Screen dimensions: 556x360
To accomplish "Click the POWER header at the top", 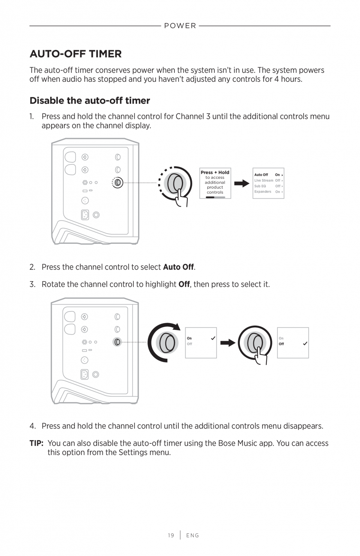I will pos(180,26).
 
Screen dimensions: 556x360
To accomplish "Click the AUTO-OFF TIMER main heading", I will pos(76,54).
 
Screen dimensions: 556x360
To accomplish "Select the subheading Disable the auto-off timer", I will pos(90,101).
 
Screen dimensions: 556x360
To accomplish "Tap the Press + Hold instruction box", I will pos(215,183).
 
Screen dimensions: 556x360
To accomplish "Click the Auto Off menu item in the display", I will pos(261,175).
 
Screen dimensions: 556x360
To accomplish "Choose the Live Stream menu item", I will pos(264,180).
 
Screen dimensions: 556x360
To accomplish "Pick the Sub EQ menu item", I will pos(260,186).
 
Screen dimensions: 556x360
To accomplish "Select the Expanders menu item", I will pos(263,192).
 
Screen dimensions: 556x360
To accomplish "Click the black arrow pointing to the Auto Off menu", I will pos(242,183).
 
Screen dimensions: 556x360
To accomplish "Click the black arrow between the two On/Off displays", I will pos(227,343).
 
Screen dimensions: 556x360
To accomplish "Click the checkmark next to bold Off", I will pos(305,344).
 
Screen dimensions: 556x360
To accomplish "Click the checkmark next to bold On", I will pos(213,338).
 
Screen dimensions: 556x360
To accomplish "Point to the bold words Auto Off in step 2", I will pos(178,267).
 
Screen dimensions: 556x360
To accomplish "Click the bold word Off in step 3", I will pos(184,284).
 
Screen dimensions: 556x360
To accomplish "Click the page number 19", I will pos(171,535).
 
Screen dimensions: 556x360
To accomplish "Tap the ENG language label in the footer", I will pos(193,535).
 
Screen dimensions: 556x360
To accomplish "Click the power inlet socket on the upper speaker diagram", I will pos(85,215).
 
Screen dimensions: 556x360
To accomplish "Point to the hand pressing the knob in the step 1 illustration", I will pos(181,198).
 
